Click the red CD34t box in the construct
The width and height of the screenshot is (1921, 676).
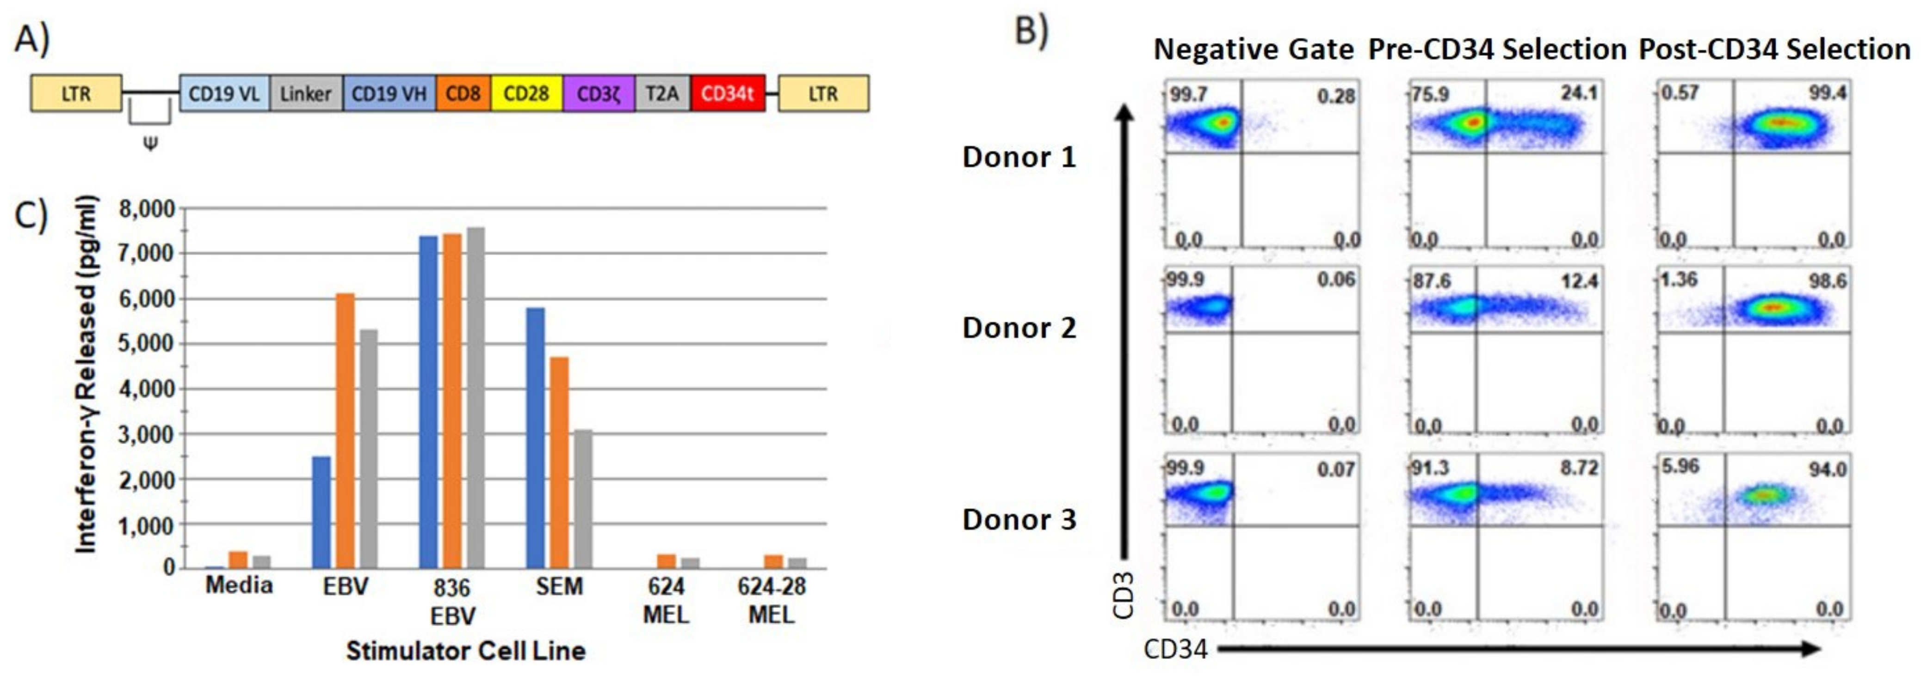727,94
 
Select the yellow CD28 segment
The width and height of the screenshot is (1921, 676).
526,94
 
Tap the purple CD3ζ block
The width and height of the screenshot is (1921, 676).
598,94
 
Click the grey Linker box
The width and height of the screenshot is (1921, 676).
306,94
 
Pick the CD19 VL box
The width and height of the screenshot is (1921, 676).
224,94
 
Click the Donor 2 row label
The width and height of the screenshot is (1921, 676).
1019,328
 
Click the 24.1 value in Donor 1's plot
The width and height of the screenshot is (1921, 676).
1579,93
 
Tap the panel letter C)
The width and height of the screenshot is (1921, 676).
31,215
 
